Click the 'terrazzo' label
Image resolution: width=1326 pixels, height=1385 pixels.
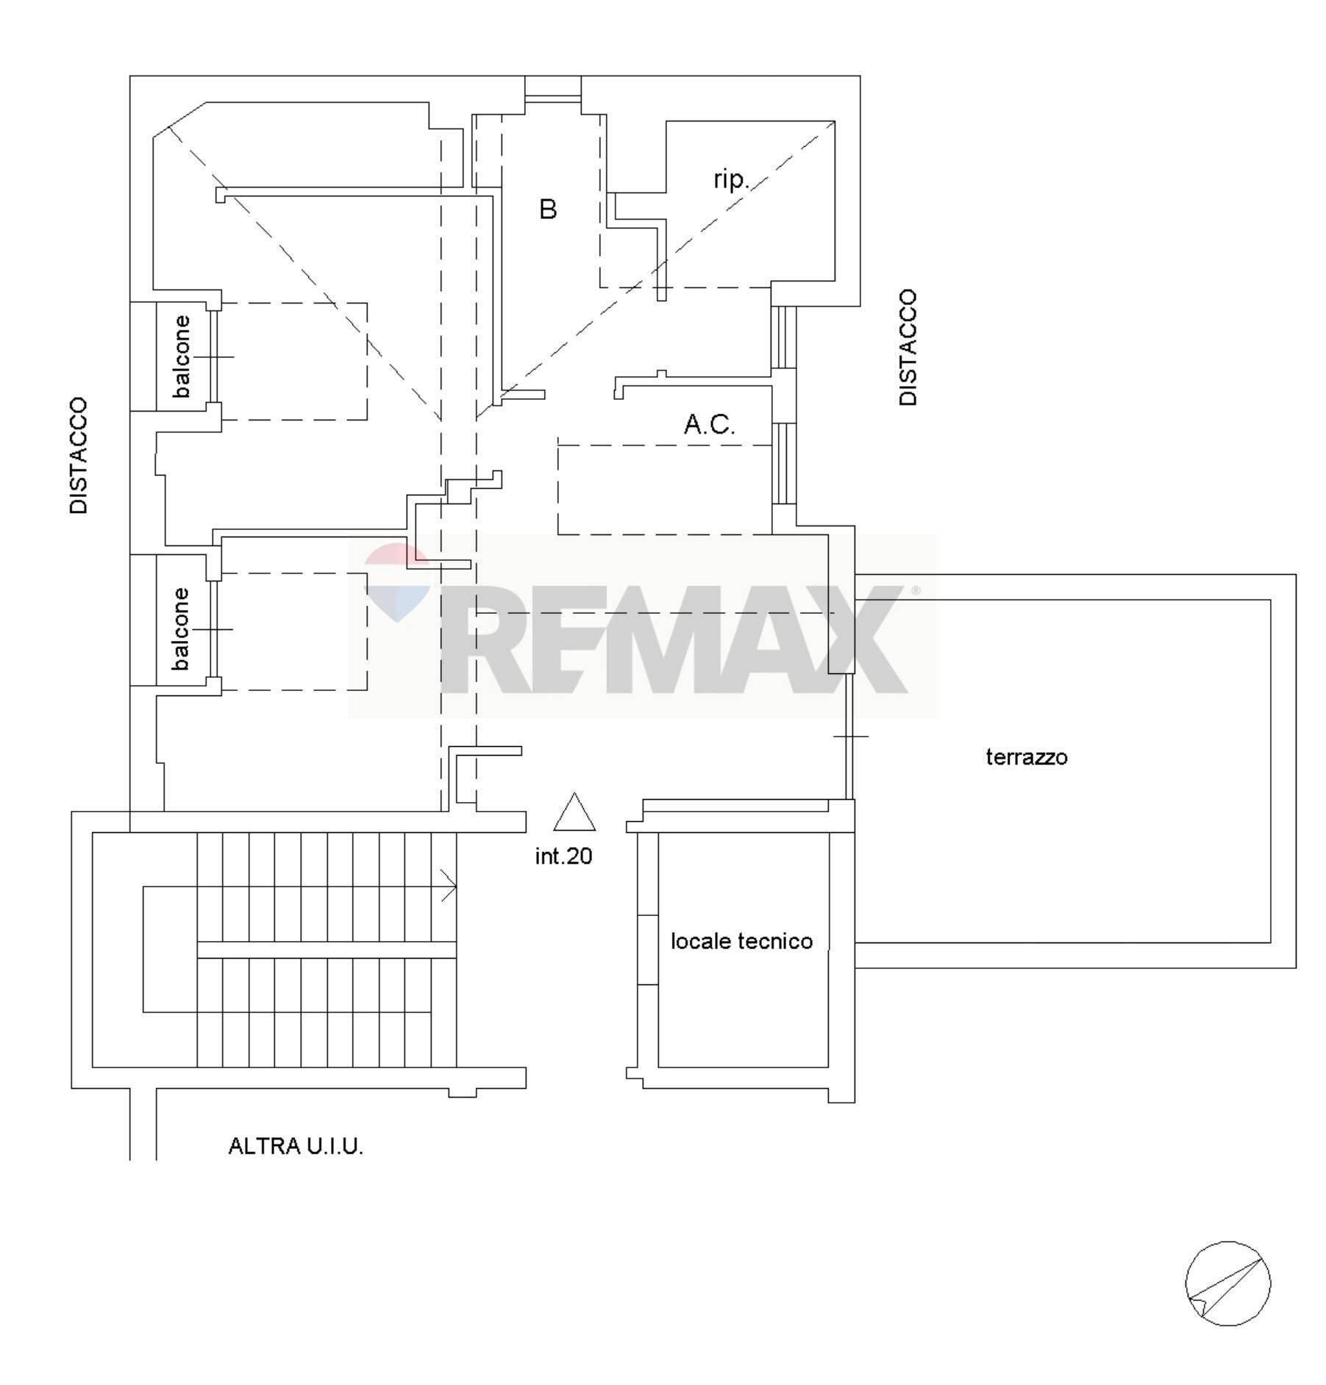[x=1026, y=757]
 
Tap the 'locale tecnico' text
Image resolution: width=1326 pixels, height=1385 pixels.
[x=741, y=941]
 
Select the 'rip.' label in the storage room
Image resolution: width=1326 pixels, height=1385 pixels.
[x=731, y=179]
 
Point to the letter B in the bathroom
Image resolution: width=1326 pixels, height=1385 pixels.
[x=548, y=210]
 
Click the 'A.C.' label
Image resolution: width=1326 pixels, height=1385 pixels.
[x=709, y=424]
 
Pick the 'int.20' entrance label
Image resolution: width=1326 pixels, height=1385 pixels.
[x=563, y=856]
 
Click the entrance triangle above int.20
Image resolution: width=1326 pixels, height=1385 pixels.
[x=574, y=812]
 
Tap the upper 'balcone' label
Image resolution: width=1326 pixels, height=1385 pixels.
[x=181, y=357]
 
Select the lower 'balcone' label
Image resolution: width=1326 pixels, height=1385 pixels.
[x=181, y=629]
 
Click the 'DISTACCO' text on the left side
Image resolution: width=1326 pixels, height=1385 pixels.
[x=79, y=456]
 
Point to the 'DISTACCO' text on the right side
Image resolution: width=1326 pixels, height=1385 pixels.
[x=908, y=347]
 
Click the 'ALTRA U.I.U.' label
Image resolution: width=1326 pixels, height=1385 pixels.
[x=296, y=1146]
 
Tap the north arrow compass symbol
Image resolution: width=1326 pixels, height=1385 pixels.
[x=1227, y=1284]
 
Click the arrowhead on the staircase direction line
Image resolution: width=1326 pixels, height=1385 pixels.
[x=449, y=886]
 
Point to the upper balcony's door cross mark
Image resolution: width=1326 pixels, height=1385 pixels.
[x=215, y=357]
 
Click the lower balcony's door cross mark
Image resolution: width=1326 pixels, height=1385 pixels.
[x=214, y=629]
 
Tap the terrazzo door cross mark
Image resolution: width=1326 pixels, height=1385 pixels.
[x=850, y=736]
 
